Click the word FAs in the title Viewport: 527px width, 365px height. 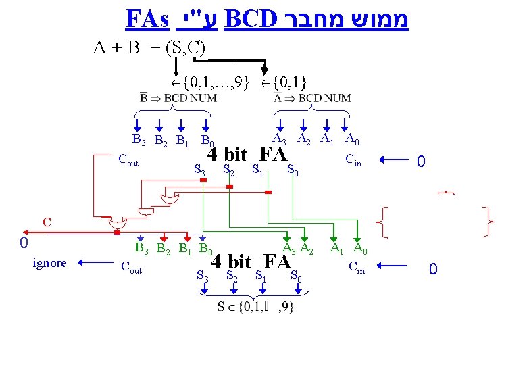tap(147, 18)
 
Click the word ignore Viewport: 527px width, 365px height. tap(49, 263)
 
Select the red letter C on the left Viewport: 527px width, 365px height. tap(47, 221)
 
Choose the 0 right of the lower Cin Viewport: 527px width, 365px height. tap(433, 270)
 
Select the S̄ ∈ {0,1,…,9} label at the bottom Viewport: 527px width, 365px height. tap(255, 306)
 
